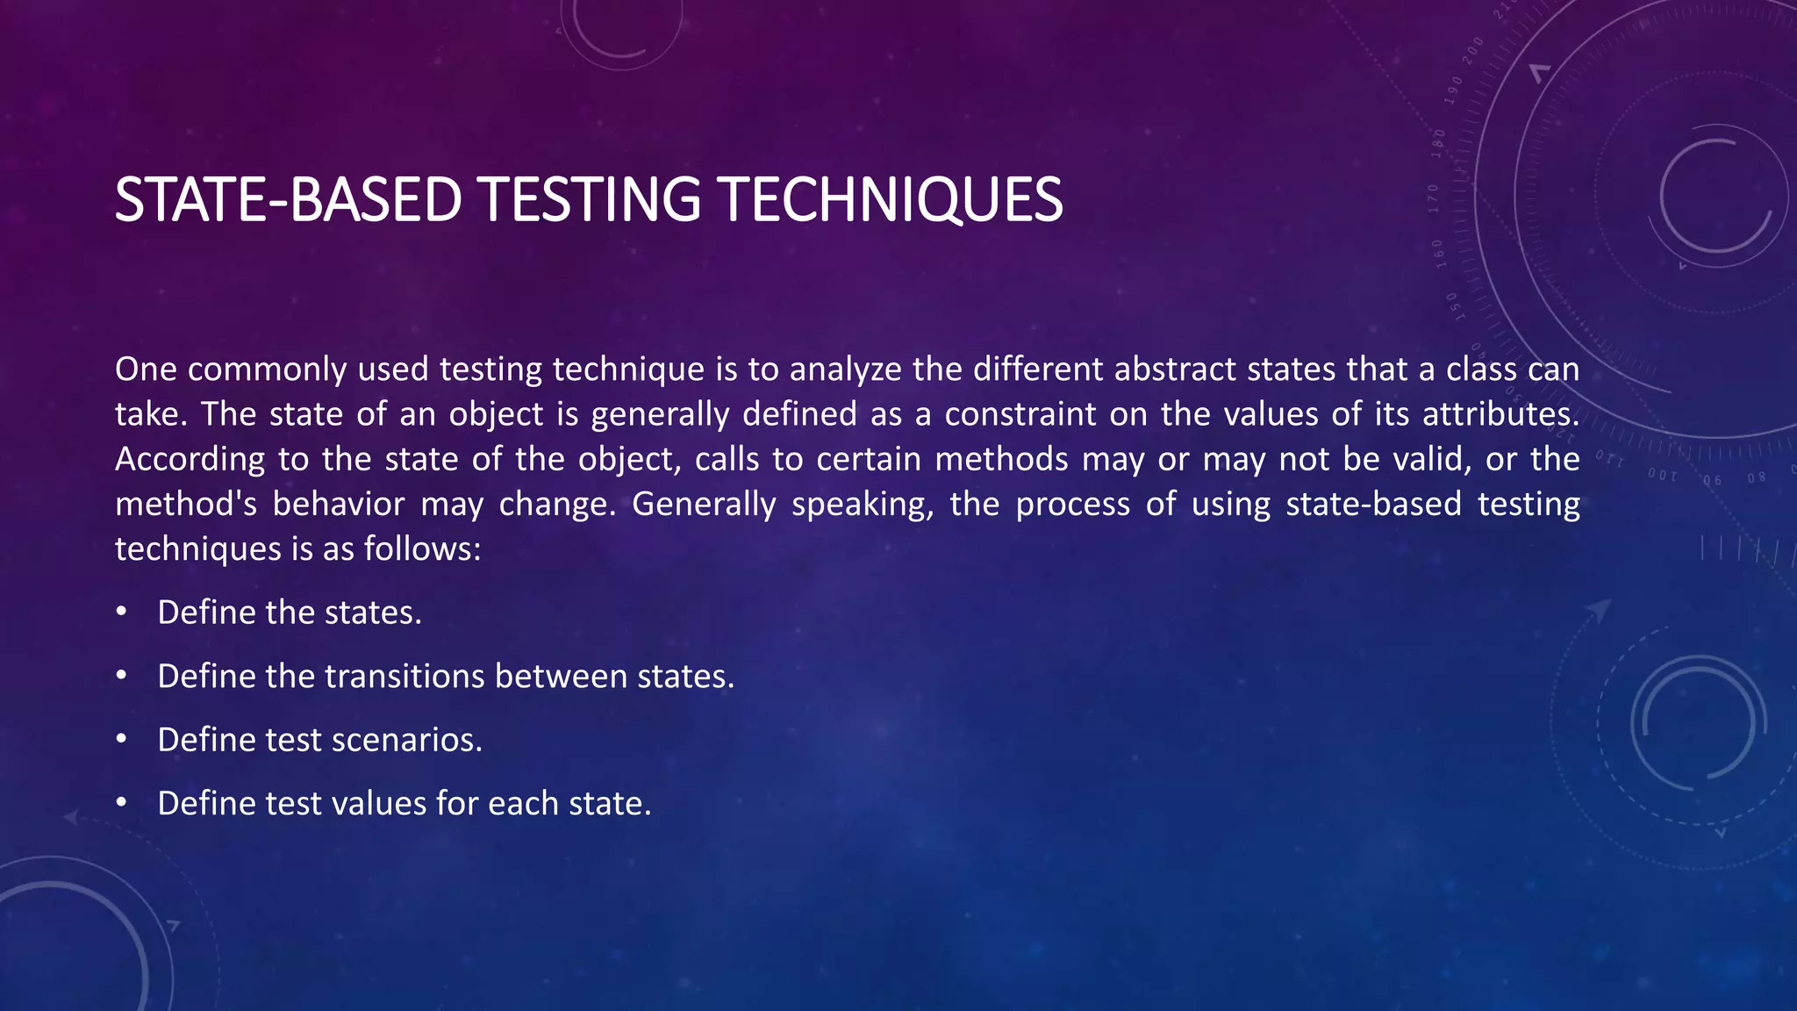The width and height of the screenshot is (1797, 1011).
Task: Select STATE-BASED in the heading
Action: (x=288, y=200)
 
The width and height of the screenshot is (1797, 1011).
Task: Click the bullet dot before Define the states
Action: (x=121, y=612)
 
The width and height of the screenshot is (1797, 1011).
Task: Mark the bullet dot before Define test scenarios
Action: (x=121, y=740)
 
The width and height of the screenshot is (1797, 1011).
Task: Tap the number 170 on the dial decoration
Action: (x=1434, y=198)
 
